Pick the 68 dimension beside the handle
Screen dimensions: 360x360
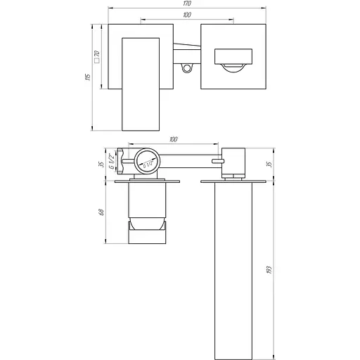(x=103, y=212)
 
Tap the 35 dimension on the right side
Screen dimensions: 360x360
(x=269, y=164)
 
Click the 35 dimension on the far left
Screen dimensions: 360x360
(x=103, y=165)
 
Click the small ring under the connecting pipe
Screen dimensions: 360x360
(x=186, y=68)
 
